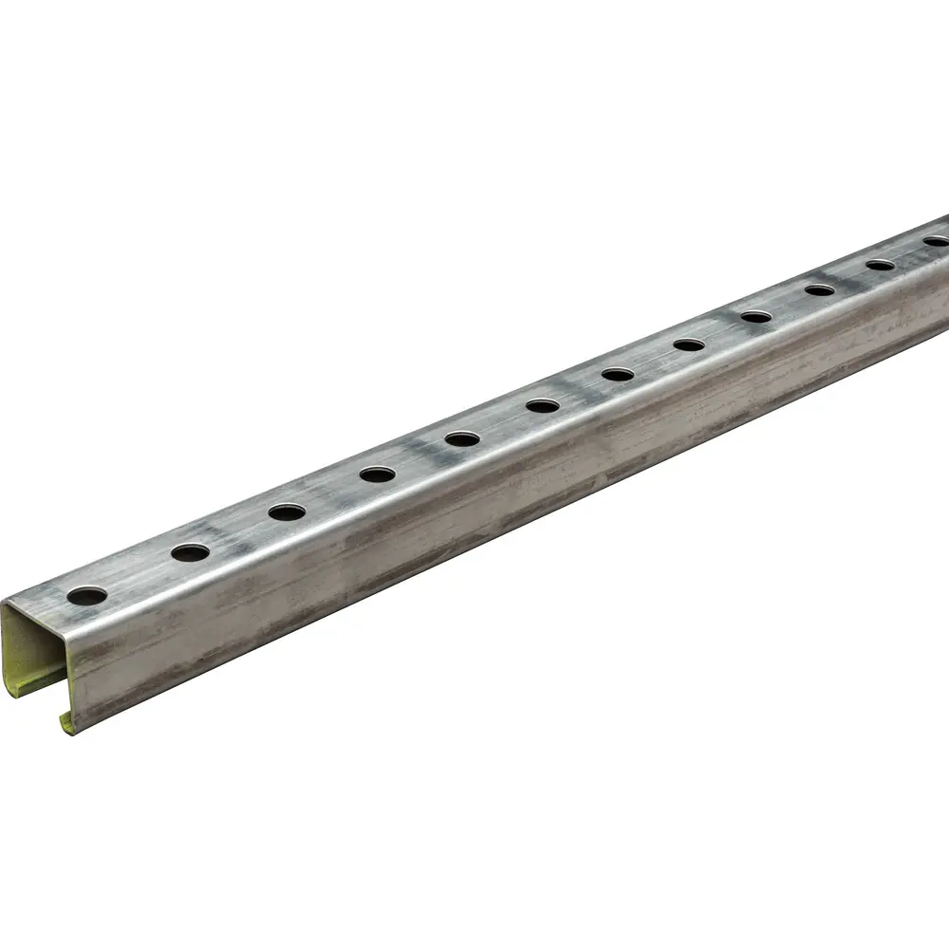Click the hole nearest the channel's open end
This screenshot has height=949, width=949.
point(87,596)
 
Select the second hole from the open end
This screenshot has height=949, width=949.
point(190,551)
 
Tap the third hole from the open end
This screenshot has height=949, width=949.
point(287,512)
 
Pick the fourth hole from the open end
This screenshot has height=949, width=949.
point(377,474)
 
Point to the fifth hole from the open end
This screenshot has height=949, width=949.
point(462,438)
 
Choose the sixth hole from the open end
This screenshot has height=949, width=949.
point(543,405)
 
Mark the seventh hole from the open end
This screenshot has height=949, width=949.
point(618,374)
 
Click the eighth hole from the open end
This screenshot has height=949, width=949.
point(689,344)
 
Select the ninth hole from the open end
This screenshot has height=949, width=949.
point(756,316)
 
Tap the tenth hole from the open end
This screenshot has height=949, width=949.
point(820,289)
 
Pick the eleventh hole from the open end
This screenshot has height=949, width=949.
point(881,265)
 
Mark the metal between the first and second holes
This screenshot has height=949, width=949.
point(139,574)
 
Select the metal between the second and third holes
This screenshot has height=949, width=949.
point(238,531)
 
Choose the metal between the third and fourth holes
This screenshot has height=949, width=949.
point(332,493)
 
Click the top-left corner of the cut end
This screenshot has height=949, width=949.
point(4,602)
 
